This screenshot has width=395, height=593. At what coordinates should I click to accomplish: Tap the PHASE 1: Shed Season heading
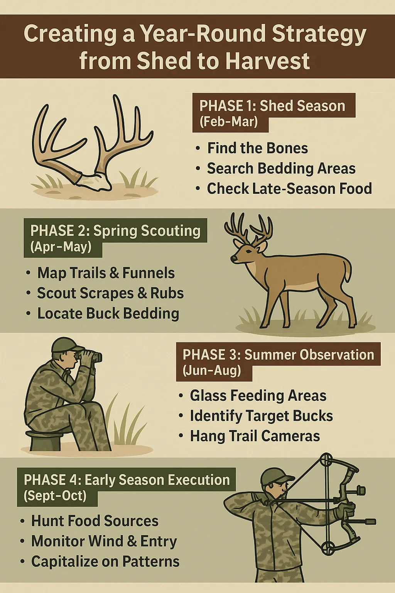click(272, 106)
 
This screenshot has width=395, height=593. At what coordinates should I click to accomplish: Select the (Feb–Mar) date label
click(229, 122)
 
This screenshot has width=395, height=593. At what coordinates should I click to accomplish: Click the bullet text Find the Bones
click(257, 148)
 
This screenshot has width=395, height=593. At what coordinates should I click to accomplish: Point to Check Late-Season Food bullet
click(289, 188)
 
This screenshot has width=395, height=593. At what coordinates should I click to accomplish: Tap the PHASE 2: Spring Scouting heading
click(115, 231)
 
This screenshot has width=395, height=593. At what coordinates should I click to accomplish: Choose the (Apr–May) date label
click(61, 247)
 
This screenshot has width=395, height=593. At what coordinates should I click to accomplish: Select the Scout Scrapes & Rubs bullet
click(110, 293)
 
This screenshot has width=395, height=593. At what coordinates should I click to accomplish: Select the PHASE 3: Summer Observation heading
click(279, 354)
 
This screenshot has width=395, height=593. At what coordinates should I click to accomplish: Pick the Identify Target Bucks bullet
click(262, 416)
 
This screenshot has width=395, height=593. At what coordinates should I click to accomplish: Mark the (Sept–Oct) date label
click(55, 496)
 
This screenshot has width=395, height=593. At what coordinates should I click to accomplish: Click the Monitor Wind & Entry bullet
click(104, 541)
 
